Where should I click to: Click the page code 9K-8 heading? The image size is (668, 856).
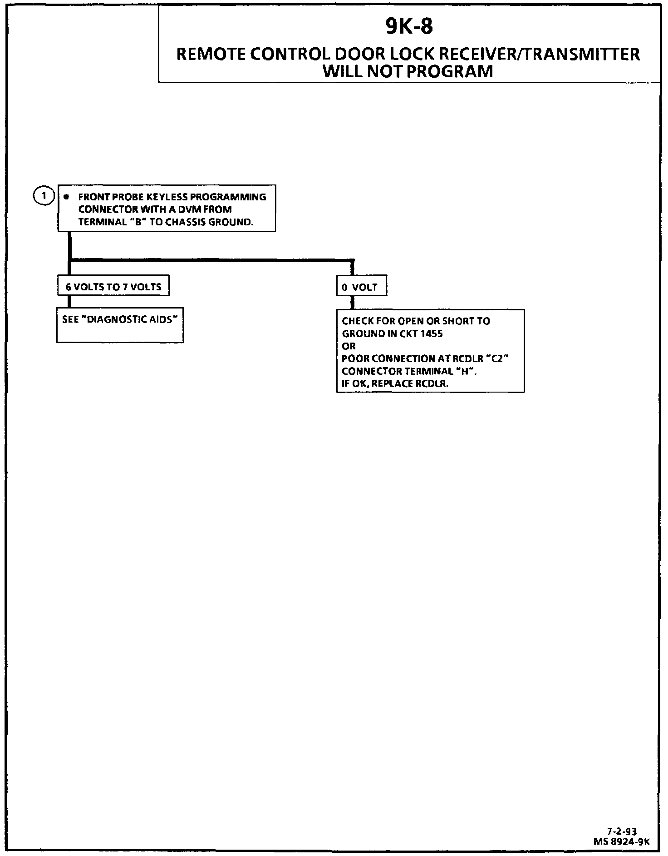click(409, 26)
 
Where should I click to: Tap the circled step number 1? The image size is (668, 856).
click(44, 196)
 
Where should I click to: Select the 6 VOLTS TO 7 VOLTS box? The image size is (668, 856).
click(113, 287)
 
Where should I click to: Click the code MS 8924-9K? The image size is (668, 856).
click(621, 841)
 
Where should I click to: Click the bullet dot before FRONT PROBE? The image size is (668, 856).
click(67, 197)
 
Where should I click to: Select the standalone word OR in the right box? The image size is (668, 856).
click(349, 346)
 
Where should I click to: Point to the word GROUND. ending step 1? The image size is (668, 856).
click(231, 222)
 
